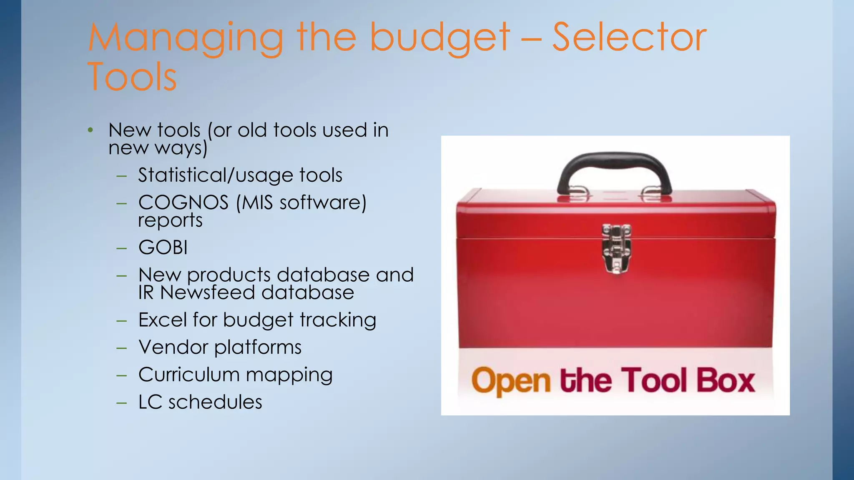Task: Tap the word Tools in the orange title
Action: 133,77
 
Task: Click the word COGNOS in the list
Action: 183,203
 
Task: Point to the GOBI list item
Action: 163,247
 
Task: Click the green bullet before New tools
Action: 90,130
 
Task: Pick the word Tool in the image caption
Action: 655,380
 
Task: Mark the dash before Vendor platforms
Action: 122,347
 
